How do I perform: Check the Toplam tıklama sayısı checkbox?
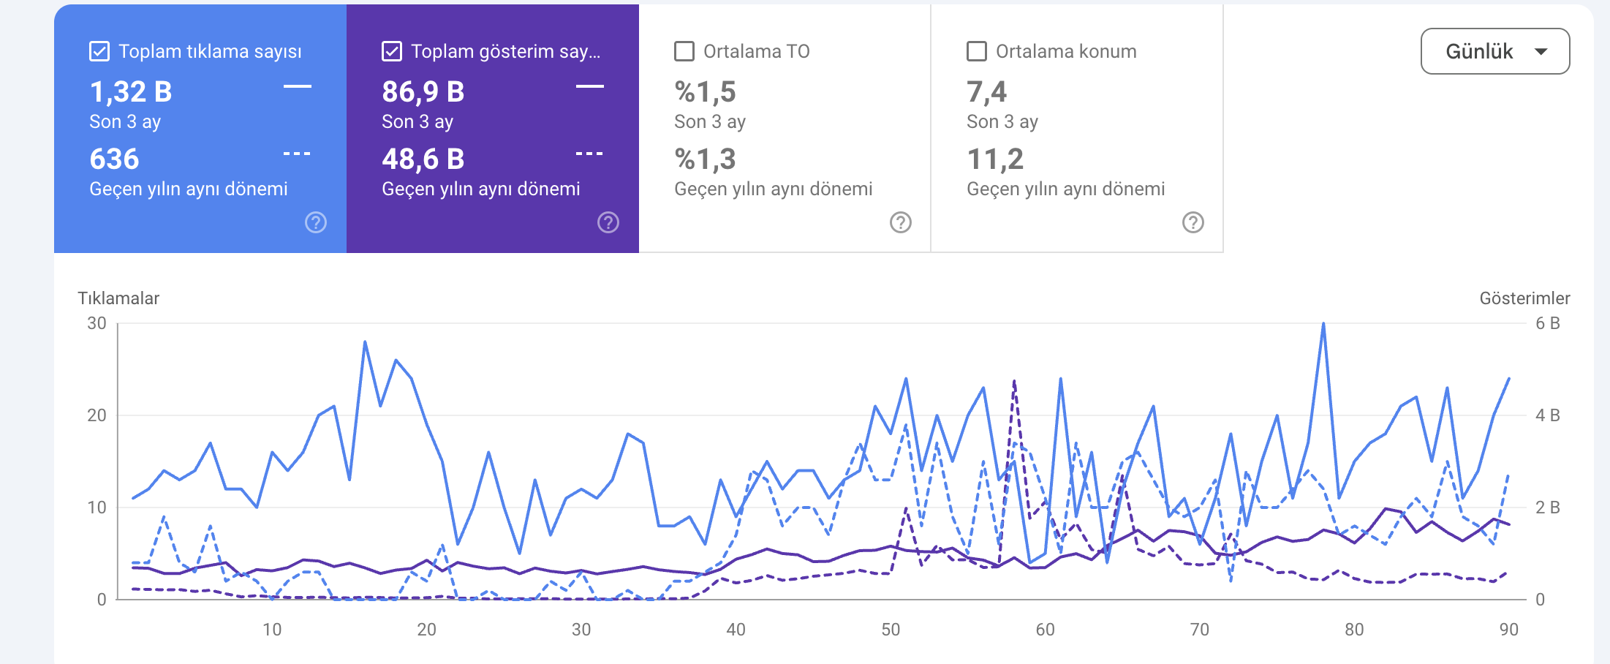99,51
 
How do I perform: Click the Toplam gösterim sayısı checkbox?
392,51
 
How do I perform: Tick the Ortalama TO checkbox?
684,51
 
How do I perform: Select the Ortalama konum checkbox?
977,51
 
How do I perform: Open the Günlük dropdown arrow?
1541,51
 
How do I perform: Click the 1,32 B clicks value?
131,92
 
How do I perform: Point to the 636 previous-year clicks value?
114,159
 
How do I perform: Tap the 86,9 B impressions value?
423,92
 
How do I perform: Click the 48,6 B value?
423,159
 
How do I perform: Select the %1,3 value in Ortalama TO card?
706,159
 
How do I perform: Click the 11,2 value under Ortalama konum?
995,159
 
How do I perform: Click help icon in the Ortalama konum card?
1193,222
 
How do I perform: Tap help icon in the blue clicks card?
316,222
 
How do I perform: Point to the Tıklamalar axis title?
118,298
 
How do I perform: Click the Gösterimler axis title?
1524,298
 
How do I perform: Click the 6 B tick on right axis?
1547,323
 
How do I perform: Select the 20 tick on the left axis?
97,415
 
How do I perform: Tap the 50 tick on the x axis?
891,630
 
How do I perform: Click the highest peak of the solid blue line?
1323,324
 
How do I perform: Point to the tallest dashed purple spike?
1014,381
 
